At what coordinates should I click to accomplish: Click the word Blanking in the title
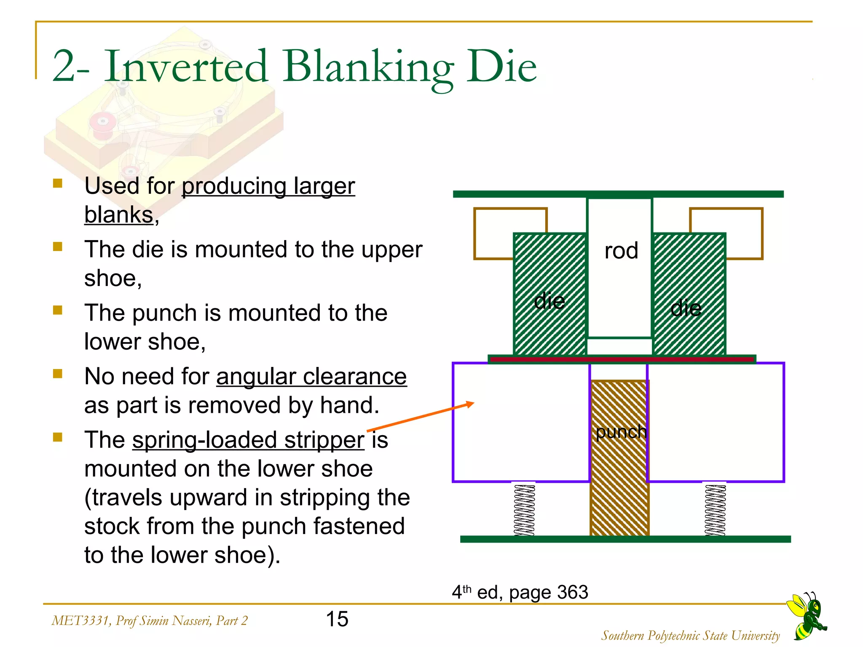pos(367,67)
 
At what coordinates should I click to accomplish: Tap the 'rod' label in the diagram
pos(621,251)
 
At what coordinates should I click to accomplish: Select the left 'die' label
pos(549,301)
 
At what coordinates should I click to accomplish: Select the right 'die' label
pos(686,308)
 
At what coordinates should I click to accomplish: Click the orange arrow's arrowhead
pos(470,405)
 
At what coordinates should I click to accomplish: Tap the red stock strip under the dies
pos(622,359)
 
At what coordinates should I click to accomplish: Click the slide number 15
pos(337,619)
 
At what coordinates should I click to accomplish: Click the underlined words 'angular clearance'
pos(311,377)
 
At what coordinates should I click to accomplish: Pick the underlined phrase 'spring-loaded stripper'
pos(248,440)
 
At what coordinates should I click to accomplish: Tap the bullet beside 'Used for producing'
pos(58,184)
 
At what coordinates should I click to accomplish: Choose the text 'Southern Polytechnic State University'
pos(690,636)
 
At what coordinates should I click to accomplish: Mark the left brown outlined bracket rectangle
pos(493,234)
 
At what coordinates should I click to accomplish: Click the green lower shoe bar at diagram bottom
pos(625,539)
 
